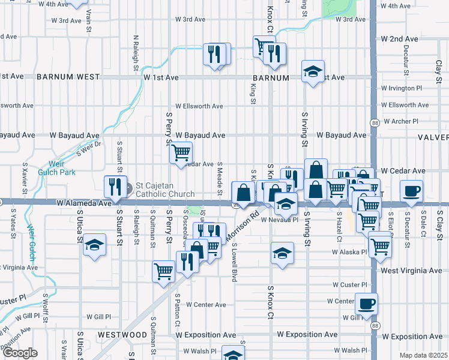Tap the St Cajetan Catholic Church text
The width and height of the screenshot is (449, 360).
[x=165, y=190]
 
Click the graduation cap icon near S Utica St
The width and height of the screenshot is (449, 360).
[x=94, y=245]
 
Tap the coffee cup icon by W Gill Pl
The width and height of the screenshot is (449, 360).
[x=366, y=303]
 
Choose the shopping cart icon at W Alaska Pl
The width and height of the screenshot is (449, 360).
[x=380, y=245]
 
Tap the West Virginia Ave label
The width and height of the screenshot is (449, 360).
[x=411, y=271]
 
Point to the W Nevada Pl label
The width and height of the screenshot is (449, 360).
[x=279, y=220]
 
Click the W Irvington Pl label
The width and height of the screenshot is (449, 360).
[x=401, y=88]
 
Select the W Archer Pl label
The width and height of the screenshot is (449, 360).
[x=401, y=121]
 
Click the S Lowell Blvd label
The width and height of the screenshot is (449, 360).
[x=233, y=262]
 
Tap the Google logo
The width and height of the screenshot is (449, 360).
[x=19, y=353]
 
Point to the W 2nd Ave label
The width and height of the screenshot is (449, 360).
[x=403, y=39]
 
